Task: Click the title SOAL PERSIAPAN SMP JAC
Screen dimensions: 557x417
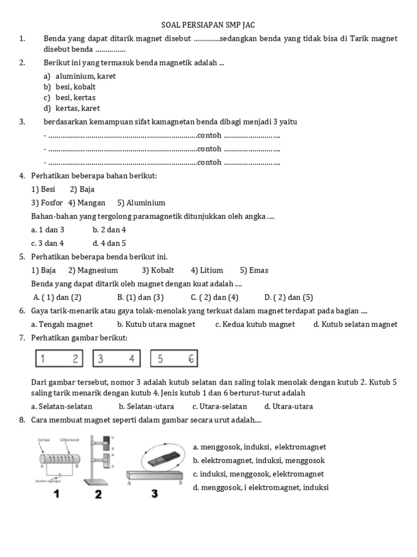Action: (x=208, y=25)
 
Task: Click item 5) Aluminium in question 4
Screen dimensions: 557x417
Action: (x=141, y=203)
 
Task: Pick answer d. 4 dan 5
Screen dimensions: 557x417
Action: (x=109, y=243)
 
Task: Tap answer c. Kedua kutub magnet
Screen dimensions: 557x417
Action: (x=255, y=324)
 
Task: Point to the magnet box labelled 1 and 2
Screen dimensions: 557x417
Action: (x=59, y=358)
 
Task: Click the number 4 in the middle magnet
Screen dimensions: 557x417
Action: (x=131, y=358)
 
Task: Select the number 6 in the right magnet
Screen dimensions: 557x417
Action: (x=191, y=358)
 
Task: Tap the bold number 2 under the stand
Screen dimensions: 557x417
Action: (x=98, y=494)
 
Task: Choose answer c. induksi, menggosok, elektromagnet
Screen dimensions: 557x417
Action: (x=258, y=474)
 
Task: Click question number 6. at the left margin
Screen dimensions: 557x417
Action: (x=22, y=311)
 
